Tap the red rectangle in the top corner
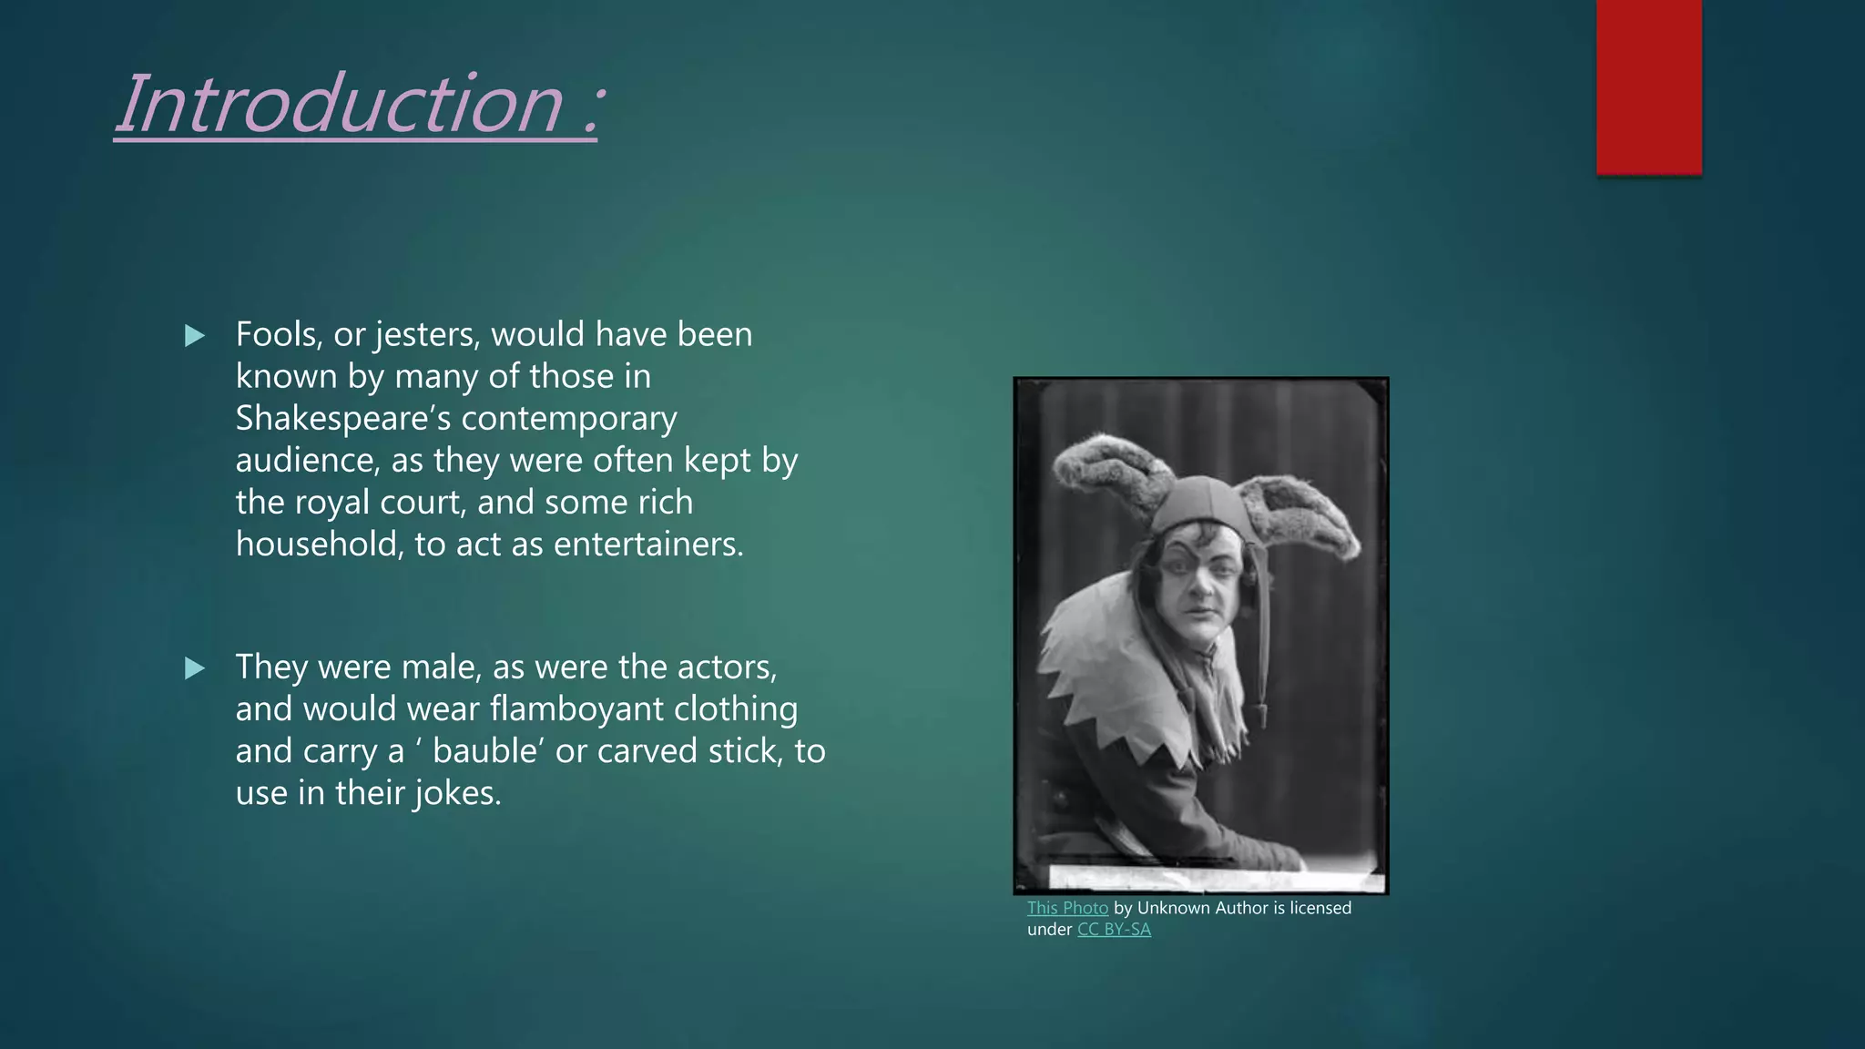(1648, 87)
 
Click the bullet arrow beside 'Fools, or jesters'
(195, 336)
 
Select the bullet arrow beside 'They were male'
(195, 668)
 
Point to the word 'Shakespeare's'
(342, 419)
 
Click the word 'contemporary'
(569, 419)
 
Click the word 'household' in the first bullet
(319, 545)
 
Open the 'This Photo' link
(1067, 908)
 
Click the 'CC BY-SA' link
(1114, 930)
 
